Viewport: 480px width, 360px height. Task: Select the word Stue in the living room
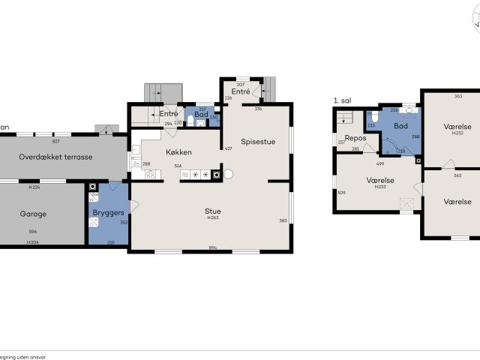click(x=212, y=211)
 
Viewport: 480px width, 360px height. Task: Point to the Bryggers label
click(x=108, y=213)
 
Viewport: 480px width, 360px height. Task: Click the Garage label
click(x=33, y=214)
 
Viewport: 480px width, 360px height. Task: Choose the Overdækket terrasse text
click(x=55, y=157)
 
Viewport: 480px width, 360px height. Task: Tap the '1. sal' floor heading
click(x=343, y=100)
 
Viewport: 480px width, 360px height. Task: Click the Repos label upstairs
click(x=355, y=138)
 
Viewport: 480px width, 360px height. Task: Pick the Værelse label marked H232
click(x=457, y=126)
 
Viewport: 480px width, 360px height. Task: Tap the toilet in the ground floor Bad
click(x=192, y=121)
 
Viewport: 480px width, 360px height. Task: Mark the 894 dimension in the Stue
click(x=213, y=246)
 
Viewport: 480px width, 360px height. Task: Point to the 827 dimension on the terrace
click(x=55, y=141)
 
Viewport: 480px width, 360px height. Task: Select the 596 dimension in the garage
click(x=33, y=232)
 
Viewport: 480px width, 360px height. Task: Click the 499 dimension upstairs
click(x=380, y=163)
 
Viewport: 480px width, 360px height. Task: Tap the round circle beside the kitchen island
click(x=229, y=174)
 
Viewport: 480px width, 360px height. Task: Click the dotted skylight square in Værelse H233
click(x=406, y=203)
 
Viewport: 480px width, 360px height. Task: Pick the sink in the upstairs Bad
click(x=409, y=110)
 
